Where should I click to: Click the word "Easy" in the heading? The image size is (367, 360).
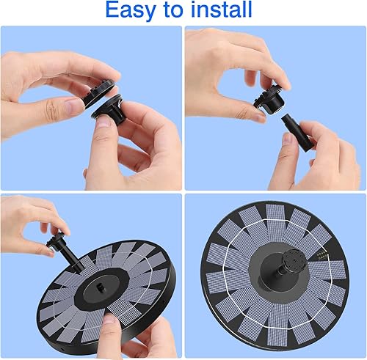coord(130,10)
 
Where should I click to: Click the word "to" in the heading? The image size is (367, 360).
coord(168,10)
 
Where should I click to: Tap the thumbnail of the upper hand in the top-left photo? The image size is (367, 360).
coord(71,108)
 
